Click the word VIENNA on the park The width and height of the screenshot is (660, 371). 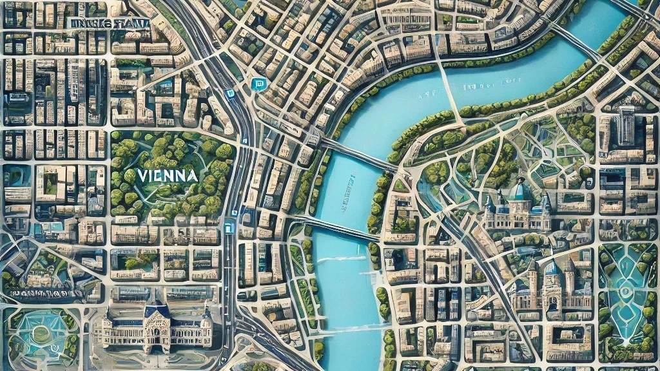coord(167,175)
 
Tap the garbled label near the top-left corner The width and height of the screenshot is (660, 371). coord(108,24)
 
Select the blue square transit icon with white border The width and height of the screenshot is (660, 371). coord(258,84)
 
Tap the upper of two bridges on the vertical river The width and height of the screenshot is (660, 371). coord(358,155)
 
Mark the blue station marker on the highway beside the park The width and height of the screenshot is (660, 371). coord(229,227)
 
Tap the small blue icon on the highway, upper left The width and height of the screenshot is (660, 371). coord(230,93)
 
